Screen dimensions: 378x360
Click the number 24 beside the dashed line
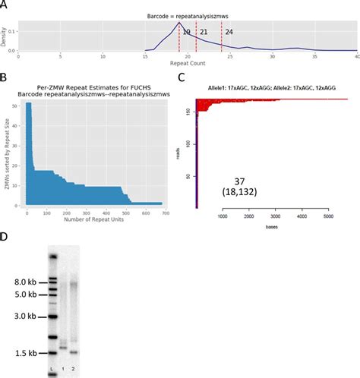pyautogui.click(x=229, y=33)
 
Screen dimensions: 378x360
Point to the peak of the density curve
pyautogui.click(x=179, y=23)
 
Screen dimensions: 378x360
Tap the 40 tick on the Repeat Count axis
pyautogui.click(x=356, y=58)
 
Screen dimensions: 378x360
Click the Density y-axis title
pyautogui.click(x=5, y=35)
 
